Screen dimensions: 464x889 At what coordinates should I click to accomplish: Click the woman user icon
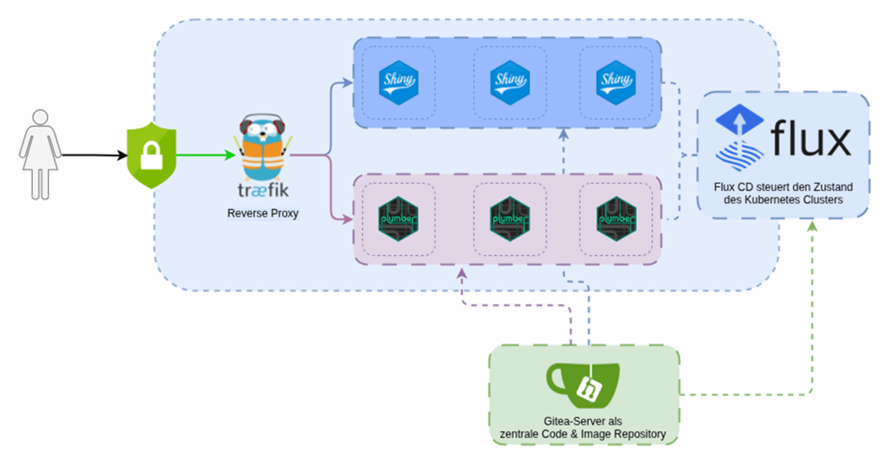coord(40,155)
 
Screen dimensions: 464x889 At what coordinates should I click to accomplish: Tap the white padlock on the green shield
coord(151,157)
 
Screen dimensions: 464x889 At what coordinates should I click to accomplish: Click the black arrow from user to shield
coord(94,155)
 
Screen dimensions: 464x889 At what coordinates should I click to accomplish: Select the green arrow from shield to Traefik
coord(205,155)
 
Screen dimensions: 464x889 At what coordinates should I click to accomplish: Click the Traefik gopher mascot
coord(263,148)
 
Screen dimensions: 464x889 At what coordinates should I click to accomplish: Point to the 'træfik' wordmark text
coord(263,190)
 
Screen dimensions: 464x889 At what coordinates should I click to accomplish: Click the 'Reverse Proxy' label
coord(263,213)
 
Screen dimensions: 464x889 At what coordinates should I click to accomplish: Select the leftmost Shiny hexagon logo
coord(398,83)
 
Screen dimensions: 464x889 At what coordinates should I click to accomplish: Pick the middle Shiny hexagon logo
coord(510,83)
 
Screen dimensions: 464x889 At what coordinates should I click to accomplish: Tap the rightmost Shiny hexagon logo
coord(616,83)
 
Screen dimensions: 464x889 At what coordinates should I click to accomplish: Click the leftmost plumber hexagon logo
coord(398,219)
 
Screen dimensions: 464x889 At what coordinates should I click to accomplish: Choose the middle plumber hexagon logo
coord(510,219)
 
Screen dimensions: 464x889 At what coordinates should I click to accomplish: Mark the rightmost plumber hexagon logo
coord(616,219)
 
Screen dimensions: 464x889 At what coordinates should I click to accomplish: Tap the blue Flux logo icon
coord(740,137)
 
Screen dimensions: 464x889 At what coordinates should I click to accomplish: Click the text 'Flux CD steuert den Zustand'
coord(783,187)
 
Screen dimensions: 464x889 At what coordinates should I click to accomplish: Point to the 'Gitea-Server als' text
coord(583,421)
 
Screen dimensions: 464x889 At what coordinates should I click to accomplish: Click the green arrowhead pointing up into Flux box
coord(812,226)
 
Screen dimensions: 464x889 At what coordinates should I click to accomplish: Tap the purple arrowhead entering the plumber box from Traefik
coord(347,219)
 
